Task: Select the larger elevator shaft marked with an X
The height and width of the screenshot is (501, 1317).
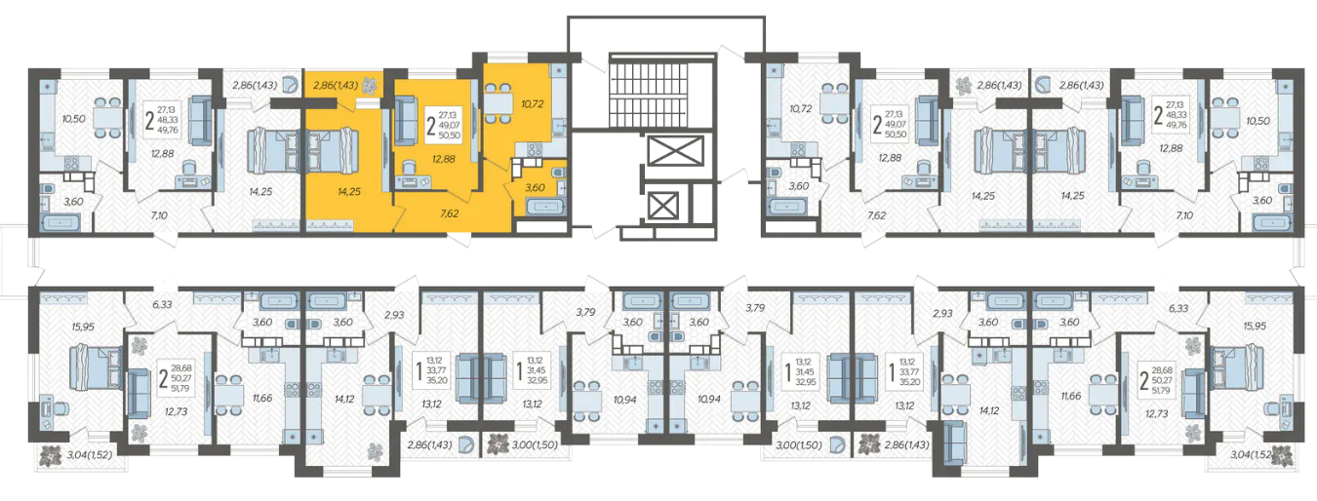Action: pyautogui.click(x=675, y=151)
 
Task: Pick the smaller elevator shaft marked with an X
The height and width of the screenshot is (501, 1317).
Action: pyautogui.click(x=663, y=206)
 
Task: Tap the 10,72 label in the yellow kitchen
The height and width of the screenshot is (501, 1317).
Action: pyautogui.click(x=532, y=104)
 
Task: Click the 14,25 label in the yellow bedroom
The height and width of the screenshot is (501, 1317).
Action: pyautogui.click(x=349, y=191)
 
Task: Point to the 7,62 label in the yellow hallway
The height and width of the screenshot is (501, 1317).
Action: pyautogui.click(x=449, y=213)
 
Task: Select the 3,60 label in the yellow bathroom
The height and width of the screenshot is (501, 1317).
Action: pyautogui.click(x=535, y=188)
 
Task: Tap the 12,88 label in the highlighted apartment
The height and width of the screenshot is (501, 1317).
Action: pyautogui.click(x=443, y=159)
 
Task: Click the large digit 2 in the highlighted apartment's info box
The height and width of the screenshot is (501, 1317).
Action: pyautogui.click(x=431, y=126)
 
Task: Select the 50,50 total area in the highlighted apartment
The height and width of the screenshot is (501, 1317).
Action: pyautogui.click(x=450, y=135)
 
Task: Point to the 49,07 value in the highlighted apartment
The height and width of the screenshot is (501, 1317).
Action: pyautogui.click(x=450, y=125)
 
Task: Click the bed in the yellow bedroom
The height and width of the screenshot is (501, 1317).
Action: pyautogui.click(x=333, y=152)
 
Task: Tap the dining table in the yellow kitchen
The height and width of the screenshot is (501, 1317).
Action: pyautogui.click(x=498, y=104)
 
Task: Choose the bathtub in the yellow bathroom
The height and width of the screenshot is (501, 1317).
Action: pyautogui.click(x=545, y=207)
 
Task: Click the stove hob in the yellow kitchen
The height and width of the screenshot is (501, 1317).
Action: pyautogui.click(x=534, y=149)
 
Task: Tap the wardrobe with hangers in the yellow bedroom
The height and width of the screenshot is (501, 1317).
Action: pyautogui.click(x=331, y=225)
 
